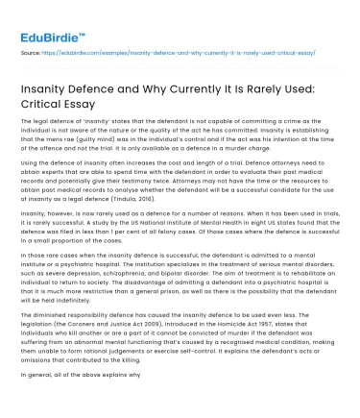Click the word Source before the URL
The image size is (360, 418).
point(31,54)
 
